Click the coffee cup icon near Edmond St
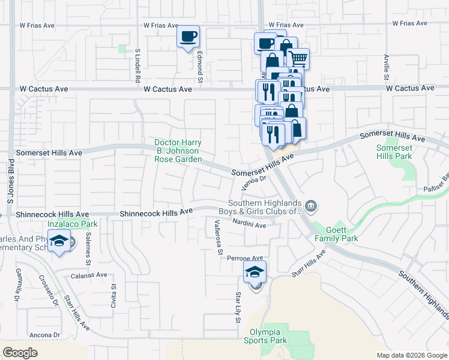click(x=188, y=37)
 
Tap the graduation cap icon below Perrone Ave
click(x=255, y=271)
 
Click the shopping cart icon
click(x=298, y=59)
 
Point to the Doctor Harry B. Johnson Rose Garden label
click(x=177, y=151)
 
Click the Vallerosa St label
click(x=218, y=236)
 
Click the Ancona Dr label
click(x=44, y=335)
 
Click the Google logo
click(x=20, y=353)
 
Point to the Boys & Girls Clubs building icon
click(x=311, y=207)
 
